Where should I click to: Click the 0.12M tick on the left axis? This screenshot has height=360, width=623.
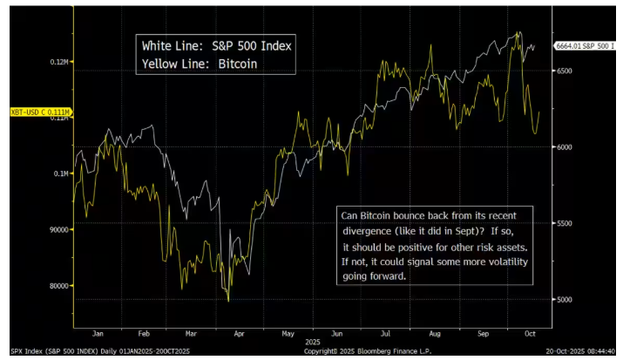(x=59, y=62)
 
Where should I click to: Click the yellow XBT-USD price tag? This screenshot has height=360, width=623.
(x=39, y=112)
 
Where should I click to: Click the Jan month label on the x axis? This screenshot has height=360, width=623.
(x=98, y=332)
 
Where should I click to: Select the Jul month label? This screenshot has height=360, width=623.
(x=384, y=332)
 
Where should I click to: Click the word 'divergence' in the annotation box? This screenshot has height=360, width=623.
(x=372, y=231)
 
